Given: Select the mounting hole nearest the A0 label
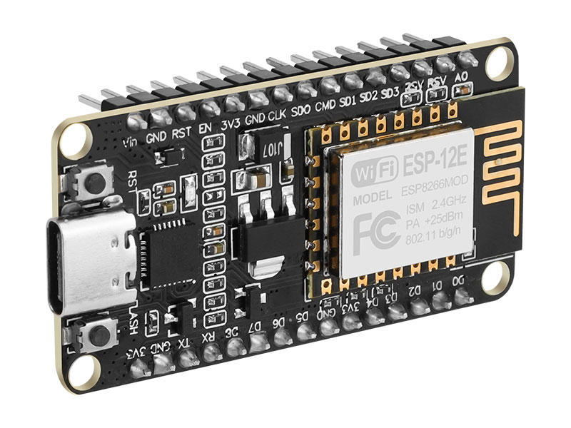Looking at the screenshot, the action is coord(498,63).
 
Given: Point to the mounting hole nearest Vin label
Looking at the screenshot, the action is coord(74,140).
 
